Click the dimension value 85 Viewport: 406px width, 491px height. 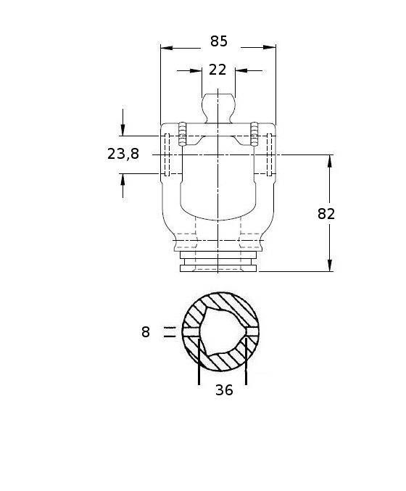point(218,41)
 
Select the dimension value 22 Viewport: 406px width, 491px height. point(217,70)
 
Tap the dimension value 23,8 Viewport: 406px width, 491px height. point(123,154)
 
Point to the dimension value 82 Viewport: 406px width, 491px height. point(326,214)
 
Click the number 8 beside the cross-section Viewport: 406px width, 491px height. point(146,332)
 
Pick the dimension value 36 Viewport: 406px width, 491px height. point(224,390)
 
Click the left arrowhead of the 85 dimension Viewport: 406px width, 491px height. point(167,48)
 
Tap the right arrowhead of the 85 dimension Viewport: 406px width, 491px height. point(270,48)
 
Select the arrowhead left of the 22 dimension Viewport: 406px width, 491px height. point(196,71)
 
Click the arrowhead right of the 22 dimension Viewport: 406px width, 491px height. point(241,71)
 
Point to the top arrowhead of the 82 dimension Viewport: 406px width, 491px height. point(329,161)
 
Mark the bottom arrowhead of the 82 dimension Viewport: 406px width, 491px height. point(329,265)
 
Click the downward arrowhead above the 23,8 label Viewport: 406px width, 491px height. point(123,130)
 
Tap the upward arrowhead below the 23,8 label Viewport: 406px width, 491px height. point(123,180)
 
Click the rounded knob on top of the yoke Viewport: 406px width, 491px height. point(218,108)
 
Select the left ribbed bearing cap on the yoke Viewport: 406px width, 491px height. point(182,134)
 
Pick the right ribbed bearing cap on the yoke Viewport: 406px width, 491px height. point(254,134)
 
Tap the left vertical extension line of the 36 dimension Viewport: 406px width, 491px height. point(199,362)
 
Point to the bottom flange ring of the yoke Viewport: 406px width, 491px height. point(218,268)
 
